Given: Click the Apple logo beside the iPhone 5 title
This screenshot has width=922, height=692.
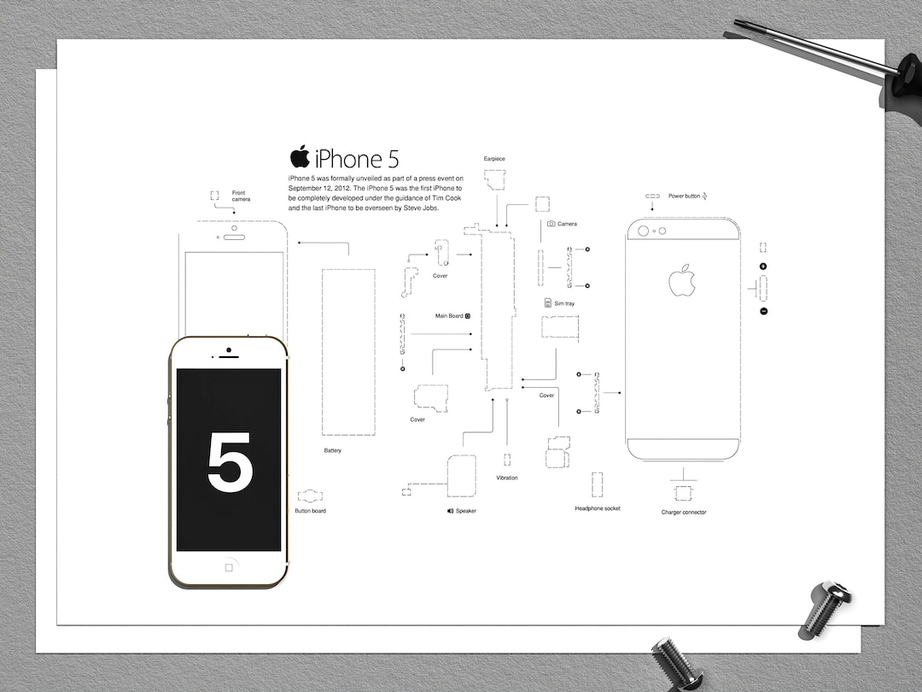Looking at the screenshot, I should click(300, 157).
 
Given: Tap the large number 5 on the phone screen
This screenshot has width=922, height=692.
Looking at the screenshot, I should click(230, 462).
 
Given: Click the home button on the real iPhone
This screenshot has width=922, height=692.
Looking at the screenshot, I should click(229, 566).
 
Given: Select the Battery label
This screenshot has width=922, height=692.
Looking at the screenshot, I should click(332, 450).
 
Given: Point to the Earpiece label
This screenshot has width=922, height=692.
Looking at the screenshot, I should click(494, 159).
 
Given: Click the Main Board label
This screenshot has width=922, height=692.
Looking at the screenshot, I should click(450, 316).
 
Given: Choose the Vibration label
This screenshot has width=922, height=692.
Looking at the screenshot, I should click(507, 478).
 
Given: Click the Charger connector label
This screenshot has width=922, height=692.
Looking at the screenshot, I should click(684, 513).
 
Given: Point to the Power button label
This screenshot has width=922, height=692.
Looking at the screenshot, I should click(684, 196).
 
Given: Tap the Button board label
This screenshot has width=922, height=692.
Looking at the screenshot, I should click(310, 511).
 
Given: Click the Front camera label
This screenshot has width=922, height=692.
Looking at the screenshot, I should click(241, 196).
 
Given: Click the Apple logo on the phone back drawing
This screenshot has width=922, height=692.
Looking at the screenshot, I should click(682, 280).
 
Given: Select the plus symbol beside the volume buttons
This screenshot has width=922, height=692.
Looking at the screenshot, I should click(763, 267).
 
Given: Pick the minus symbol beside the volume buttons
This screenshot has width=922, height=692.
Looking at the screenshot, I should click(763, 311).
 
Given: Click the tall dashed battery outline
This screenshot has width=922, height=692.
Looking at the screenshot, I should click(347, 352).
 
